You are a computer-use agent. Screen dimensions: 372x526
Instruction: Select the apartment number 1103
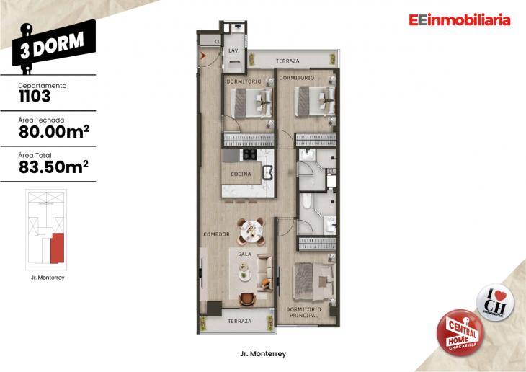click(x=35, y=97)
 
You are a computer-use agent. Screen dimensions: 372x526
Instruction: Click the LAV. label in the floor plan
click(x=233, y=52)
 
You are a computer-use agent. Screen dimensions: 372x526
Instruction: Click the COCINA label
click(x=241, y=174)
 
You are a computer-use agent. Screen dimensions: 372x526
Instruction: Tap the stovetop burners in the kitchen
click(x=249, y=154)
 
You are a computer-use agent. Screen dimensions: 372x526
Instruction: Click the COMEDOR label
click(x=216, y=234)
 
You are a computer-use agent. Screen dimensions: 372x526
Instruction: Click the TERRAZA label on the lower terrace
click(x=235, y=321)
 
